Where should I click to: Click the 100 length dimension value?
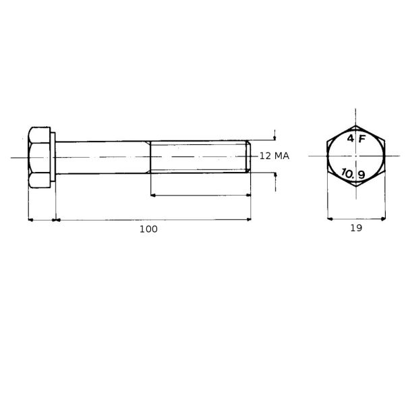[x=148, y=229]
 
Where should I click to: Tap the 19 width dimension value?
[x=356, y=228]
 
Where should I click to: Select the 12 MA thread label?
[x=274, y=156]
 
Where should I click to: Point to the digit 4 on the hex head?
[x=351, y=138]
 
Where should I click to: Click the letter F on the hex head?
[x=361, y=139]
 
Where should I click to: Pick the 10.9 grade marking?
[x=353, y=173]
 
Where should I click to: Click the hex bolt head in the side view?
[x=39, y=157]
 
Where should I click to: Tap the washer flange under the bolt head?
[x=53, y=157]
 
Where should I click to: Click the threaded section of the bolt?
[x=198, y=157]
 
